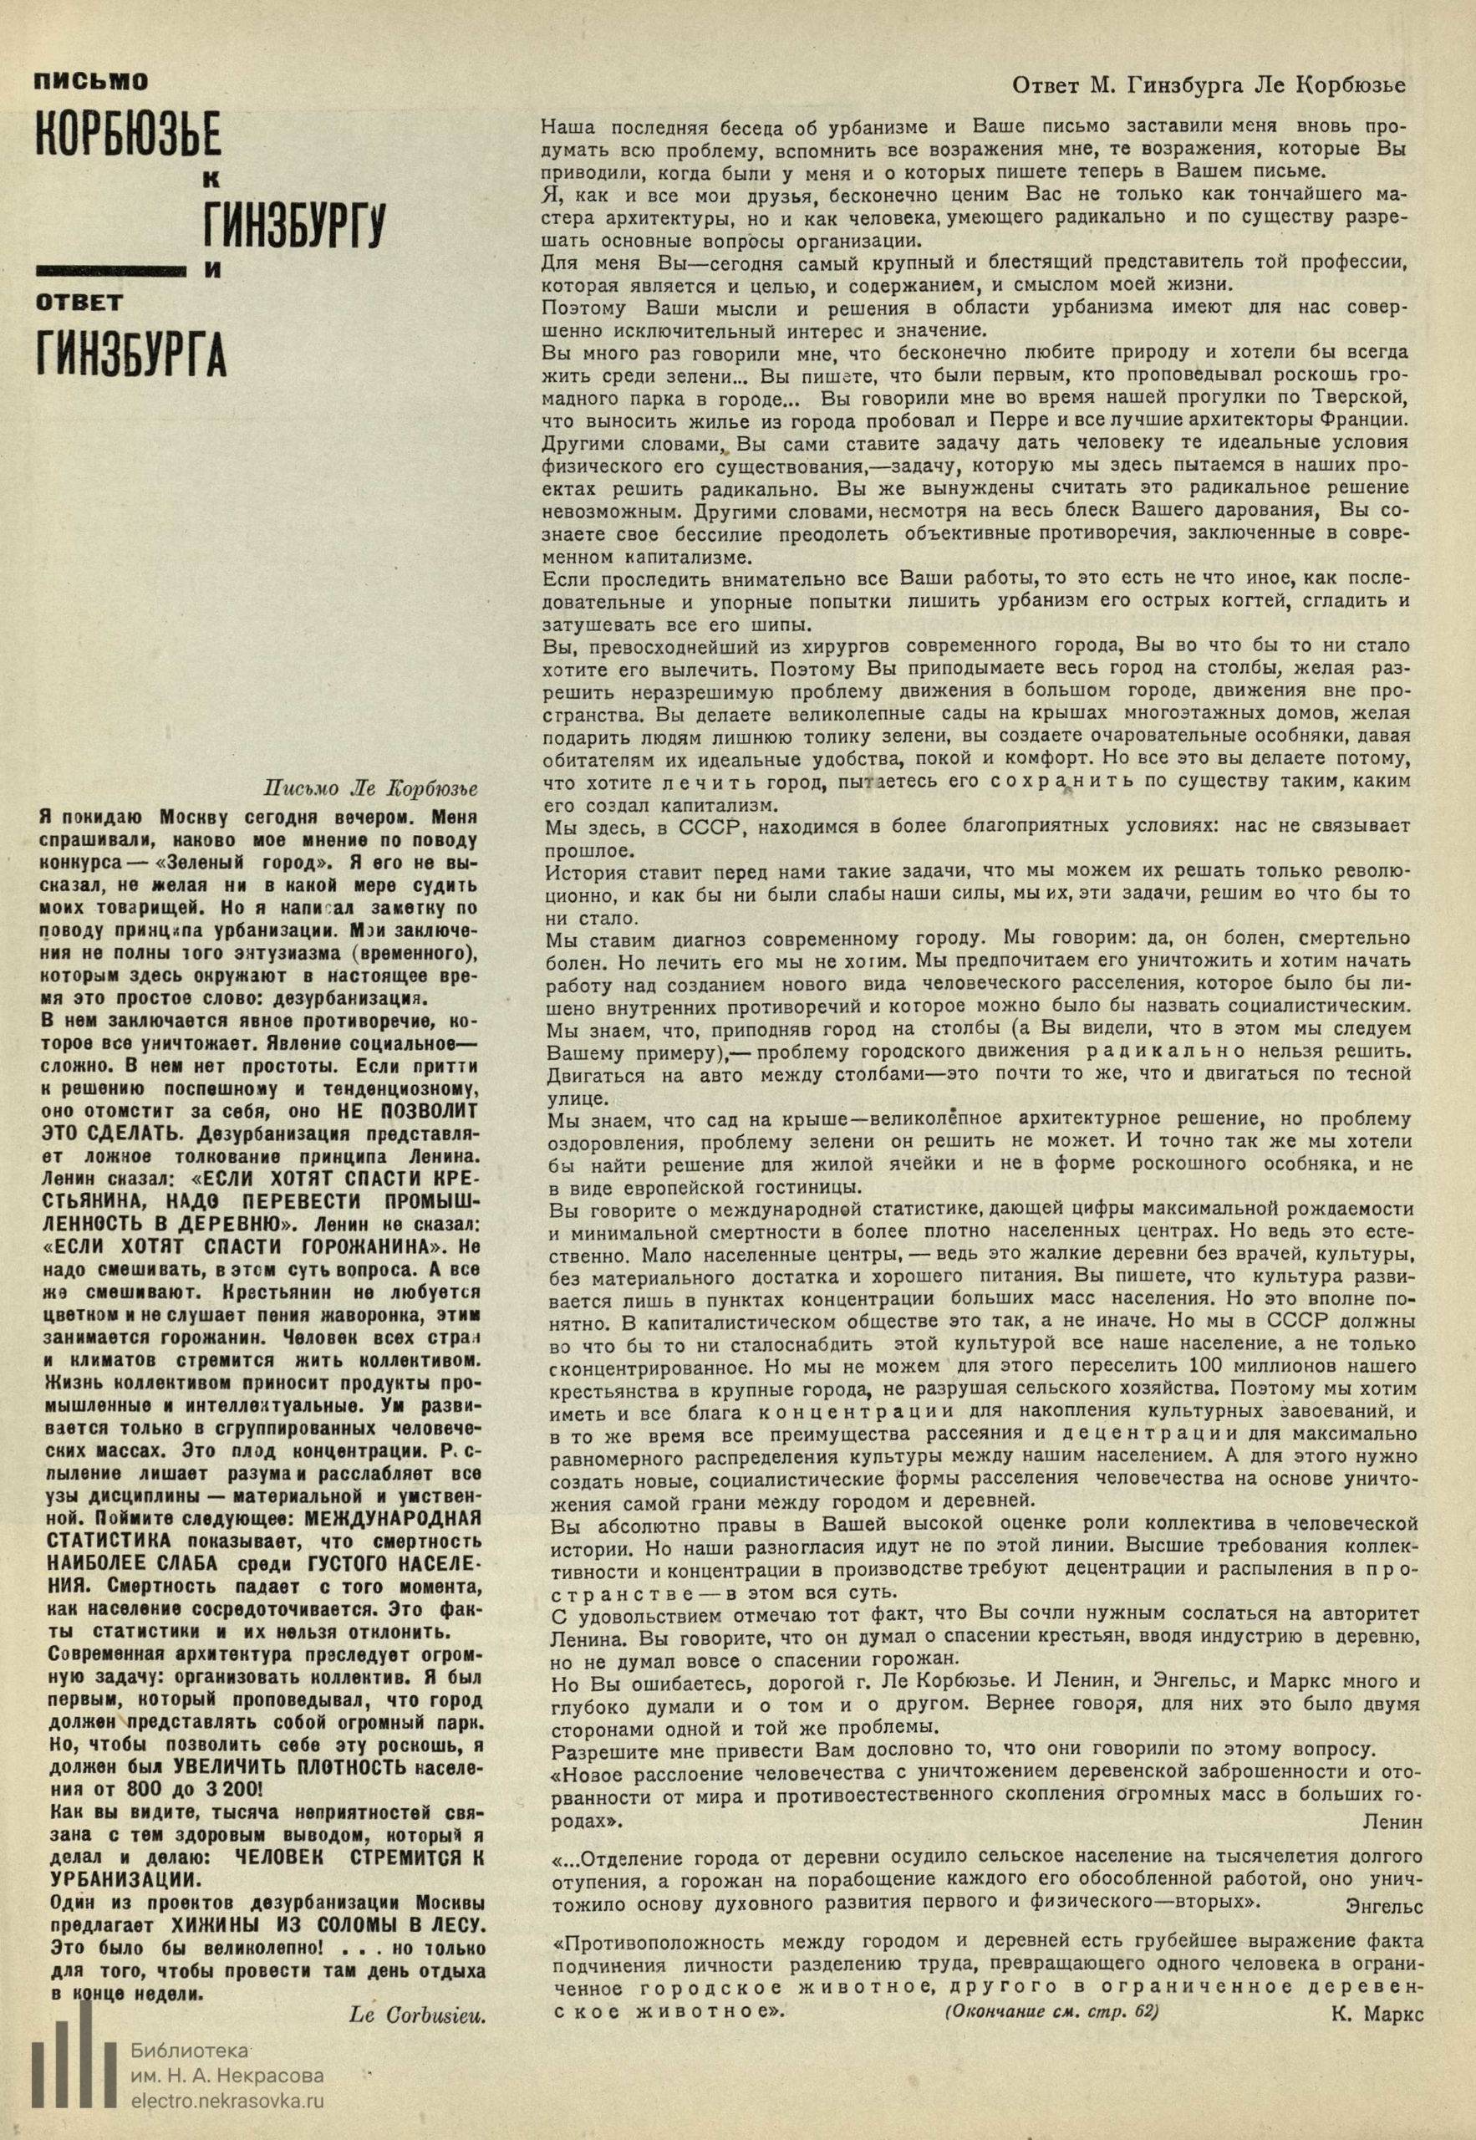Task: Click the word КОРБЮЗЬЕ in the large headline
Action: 128,137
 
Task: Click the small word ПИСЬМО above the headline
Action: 90,82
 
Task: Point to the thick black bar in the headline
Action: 110,270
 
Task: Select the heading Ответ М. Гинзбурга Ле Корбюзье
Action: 1209,85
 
